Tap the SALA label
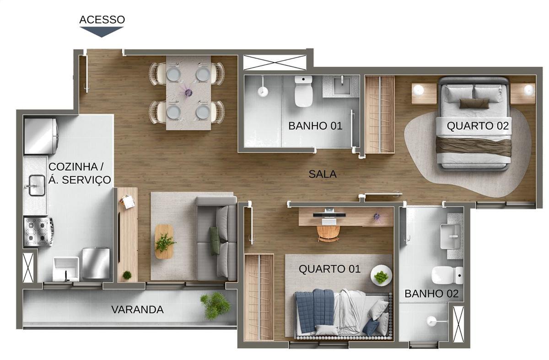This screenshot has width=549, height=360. (323, 174)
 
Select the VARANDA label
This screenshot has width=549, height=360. (137, 310)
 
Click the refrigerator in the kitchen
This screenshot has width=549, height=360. (41, 136)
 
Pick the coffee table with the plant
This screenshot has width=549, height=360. (164, 241)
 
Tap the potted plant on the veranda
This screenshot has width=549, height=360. (215, 306)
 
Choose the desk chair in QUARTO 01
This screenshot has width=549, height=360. (328, 233)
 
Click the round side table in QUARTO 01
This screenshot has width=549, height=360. (381, 275)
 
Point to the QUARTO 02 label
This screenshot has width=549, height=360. (478, 126)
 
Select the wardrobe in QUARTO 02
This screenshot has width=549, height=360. (379, 114)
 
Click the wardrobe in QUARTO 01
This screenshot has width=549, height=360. (259, 297)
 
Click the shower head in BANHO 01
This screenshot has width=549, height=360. (263, 91)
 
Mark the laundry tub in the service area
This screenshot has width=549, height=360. (65, 269)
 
